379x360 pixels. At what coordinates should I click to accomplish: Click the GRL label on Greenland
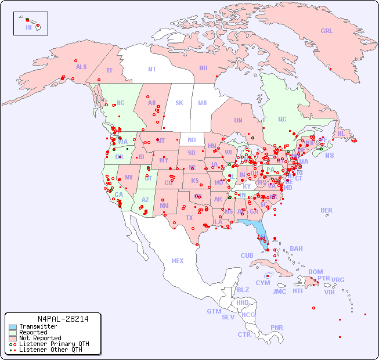click(327, 31)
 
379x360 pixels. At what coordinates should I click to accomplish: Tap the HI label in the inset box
click(28, 27)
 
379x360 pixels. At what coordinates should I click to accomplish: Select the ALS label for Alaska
click(81, 67)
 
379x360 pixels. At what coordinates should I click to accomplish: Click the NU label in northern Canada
click(203, 68)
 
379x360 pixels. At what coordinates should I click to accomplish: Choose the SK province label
click(179, 103)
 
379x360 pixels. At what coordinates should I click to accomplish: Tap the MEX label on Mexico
click(178, 261)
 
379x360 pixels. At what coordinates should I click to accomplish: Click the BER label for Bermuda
click(326, 210)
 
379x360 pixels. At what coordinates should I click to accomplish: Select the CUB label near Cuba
click(247, 255)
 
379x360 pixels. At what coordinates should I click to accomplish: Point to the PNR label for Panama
click(277, 327)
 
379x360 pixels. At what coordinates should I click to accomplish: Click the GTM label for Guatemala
click(214, 311)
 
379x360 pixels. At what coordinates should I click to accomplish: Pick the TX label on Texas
click(189, 218)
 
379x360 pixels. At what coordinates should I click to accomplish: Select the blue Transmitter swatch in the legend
click(12, 327)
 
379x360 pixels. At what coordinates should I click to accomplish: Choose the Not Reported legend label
click(40, 338)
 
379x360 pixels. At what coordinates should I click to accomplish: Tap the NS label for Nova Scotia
click(329, 155)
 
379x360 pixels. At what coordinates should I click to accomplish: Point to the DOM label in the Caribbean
click(315, 272)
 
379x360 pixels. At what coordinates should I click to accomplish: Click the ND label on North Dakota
click(192, 140)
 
